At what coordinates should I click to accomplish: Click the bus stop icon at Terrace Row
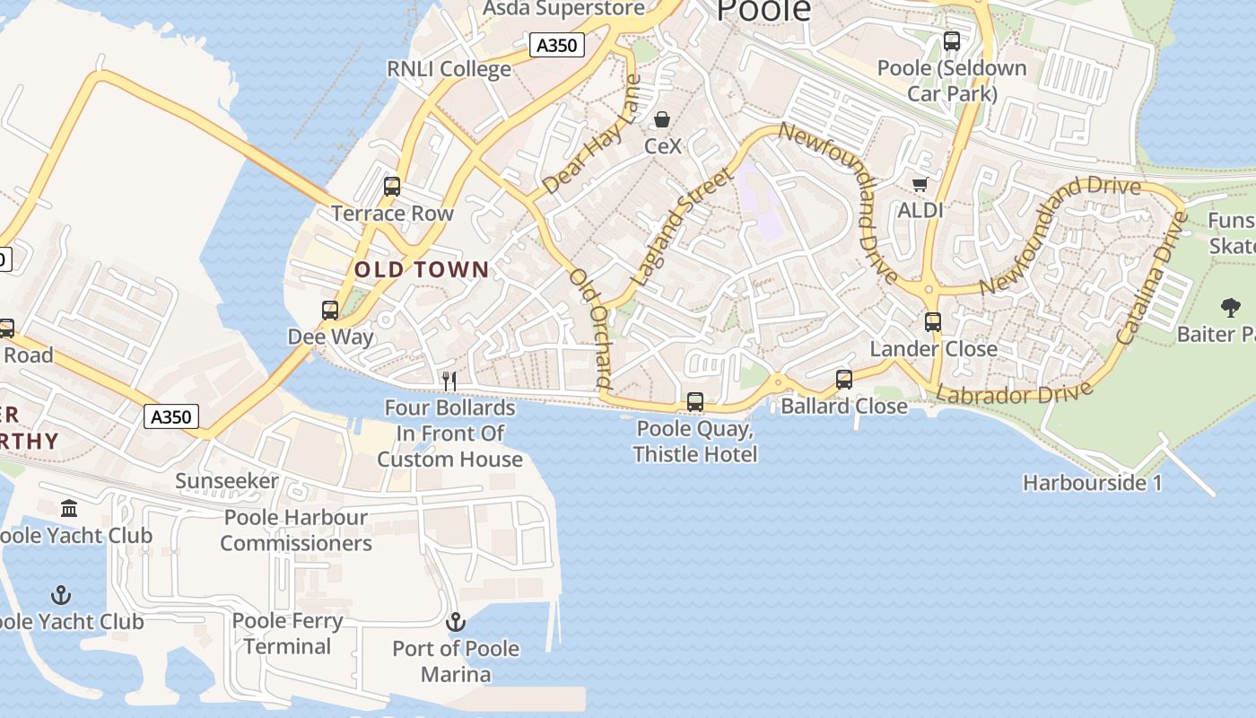click(x=392, y=187)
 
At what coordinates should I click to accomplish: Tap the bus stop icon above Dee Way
click(x=330, y=311)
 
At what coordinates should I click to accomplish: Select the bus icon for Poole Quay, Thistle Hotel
click(x=695, y=402)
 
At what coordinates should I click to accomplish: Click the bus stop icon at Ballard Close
click(x=844, y=380)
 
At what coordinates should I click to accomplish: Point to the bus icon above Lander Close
click(x=933, y=322)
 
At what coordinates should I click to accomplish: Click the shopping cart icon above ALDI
click(x=920, y=184)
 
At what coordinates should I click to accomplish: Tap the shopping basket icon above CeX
click(x=662, y=119)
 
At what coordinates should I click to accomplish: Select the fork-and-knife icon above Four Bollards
click(x=449, y=381)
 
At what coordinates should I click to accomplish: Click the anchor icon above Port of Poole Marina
click(x=456, y=621)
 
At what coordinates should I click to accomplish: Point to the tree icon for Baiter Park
click(x=1230, y=308)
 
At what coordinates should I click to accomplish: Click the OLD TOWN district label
click(x=422, y=269)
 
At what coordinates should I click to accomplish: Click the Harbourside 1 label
click(x=1092, y=483)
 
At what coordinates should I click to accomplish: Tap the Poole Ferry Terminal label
click(x=287, y=634)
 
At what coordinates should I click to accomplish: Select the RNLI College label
click(x=449, y=69)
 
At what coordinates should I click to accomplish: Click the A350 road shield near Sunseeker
click(x=171, y=416)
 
